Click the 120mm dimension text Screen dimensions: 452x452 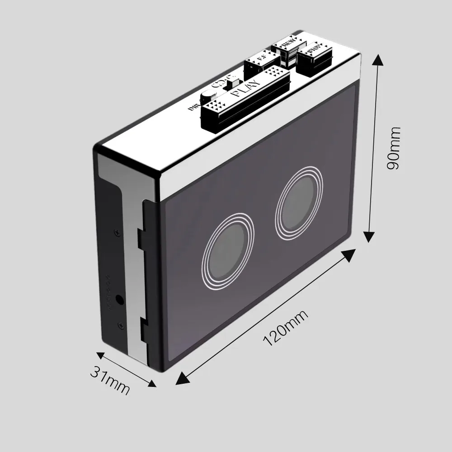pyautogui.click(x=285, y=329)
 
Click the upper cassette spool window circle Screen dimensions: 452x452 pyautogui.click(x=299, y=202)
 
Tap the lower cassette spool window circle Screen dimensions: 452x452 pyautogui.click(x=228, y=254)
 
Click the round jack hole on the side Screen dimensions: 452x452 pyautogui.click(x=120, y=299)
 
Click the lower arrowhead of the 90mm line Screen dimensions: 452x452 pyautogui.click(x=369, y=237)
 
